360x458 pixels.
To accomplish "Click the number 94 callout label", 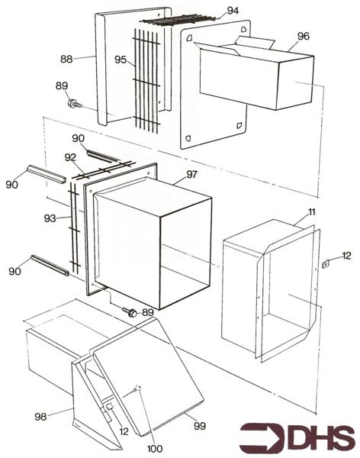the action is click(x=233, y=11).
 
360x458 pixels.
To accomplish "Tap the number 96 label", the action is click(x=303, y=36).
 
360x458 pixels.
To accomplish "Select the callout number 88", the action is click(x=66, y=59).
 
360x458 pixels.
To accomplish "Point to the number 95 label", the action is click(x=121, y=60).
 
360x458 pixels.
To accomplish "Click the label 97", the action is click(x=192, y=174).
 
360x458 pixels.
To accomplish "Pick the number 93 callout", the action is click(x=50, y=218).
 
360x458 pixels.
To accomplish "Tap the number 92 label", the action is click(x=70, y=157).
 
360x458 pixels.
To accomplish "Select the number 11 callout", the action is click(x=312, y=211).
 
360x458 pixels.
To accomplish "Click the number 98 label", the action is click(x=40, y=417).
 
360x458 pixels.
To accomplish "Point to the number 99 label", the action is click(x=200, y=426).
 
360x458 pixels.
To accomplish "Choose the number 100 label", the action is click(x=155, y=449).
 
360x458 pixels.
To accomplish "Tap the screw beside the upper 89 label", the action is click(x=75, y=104).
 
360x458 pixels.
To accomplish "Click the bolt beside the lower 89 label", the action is click(x=130, y=311).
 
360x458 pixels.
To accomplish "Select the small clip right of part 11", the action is click(x=325, y=264).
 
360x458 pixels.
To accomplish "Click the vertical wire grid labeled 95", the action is click(x=146, y=81).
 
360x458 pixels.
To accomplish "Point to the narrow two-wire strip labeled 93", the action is click(x=75, y=228).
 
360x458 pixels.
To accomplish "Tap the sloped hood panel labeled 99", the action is click(x=149, y=377).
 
